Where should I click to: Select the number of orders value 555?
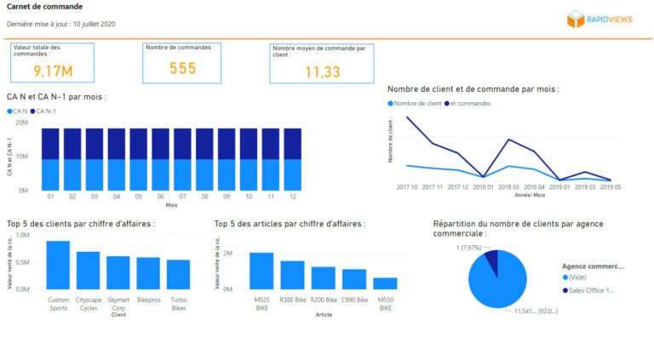point(182,68)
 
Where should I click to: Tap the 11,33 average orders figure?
point(322,72)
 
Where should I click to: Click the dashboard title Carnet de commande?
point(44,7)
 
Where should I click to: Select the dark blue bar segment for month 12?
point(292,144)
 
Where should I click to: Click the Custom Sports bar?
point(58,265)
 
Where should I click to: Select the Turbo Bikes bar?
point(178,274)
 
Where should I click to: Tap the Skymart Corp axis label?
point(118,304)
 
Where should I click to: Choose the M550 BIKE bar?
point(385,283)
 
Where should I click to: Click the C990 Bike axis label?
point(354,300)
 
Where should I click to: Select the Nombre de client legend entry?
point(417,104)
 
